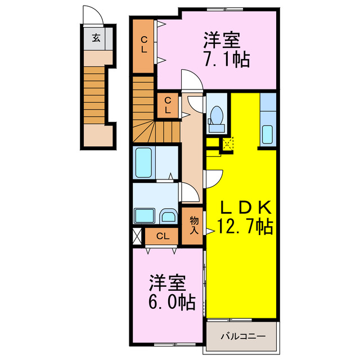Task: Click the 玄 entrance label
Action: coord(97,39)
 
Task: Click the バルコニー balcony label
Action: coord(242,336)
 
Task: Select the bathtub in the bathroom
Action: coord(145,163)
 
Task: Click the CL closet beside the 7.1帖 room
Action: coord(144,45)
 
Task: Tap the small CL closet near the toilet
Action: coord(168,105)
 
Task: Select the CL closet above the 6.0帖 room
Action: coord(163,236)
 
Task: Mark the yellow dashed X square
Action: coord(227,143)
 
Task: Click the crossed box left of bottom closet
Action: coord(137,236)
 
